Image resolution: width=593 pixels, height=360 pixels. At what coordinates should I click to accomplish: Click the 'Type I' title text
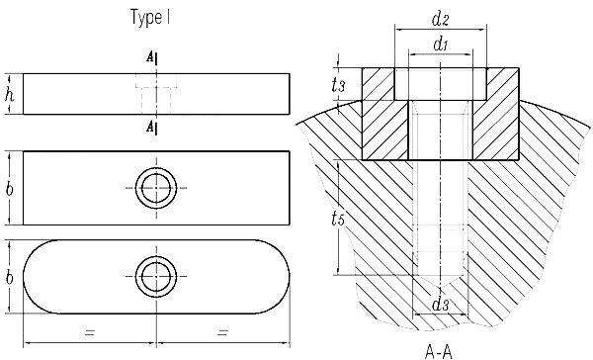click(150, 18)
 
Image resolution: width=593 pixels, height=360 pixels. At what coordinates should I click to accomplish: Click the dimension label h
click(10, 94)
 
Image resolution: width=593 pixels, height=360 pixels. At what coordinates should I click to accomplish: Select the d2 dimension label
click(440, 19)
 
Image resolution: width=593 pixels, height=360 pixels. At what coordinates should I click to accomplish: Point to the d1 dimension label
click(441, 45)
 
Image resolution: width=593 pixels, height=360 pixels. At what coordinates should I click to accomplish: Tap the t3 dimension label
click(338, 85)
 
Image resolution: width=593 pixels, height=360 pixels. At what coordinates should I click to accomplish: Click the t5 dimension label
click(338, 218)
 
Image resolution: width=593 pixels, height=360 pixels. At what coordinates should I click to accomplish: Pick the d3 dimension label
click(440, 304)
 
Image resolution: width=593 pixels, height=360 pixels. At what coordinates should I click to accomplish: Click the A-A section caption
click(439, 351)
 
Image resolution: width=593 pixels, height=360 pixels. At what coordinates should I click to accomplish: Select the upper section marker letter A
click(150, 57)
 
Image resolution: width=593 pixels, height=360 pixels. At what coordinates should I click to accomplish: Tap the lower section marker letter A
click(150, 127)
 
